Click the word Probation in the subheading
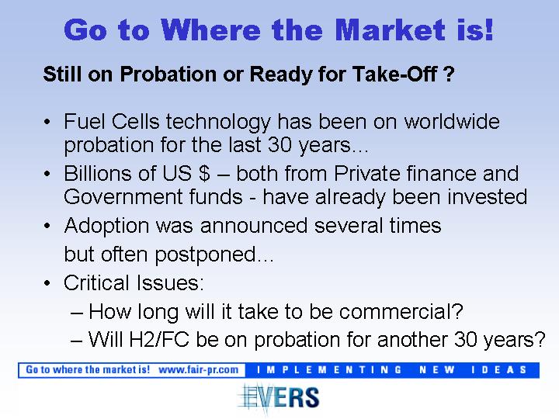(168, 74)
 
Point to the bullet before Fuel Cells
(47, 122)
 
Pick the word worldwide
(452, 121)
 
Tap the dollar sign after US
(204, 174)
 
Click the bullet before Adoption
(47, 226)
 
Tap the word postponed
(206, 255)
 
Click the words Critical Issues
(134, 282)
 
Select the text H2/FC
(159, 339)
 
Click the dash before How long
(77, 313)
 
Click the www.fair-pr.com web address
(198, 370)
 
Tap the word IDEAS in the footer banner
(499, 370)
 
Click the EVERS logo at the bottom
(279, 397)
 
